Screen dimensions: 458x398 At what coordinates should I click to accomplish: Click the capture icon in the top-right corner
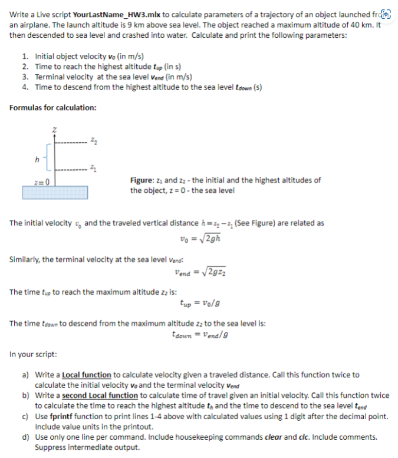click(387, 14)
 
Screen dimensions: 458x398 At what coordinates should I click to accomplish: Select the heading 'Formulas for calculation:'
click(53, 107)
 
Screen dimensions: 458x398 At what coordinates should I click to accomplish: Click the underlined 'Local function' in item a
click(86, 375)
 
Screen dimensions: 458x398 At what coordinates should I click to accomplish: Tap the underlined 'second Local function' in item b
click(97, 396)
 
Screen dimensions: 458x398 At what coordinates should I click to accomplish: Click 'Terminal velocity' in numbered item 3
click(61, 77)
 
